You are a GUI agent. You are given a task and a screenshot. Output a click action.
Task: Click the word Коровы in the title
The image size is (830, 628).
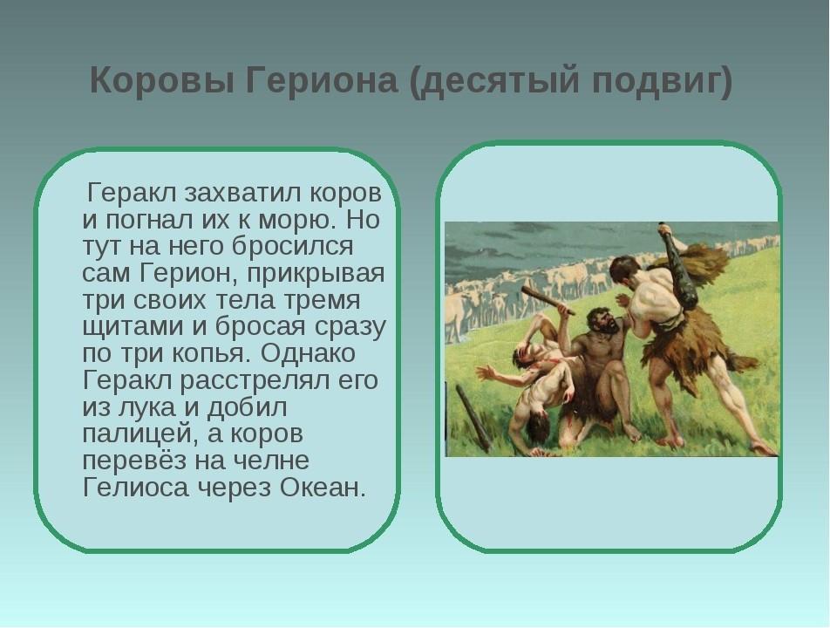coord(162,81)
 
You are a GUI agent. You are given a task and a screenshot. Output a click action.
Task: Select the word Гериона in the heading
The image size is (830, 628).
coord(322,81)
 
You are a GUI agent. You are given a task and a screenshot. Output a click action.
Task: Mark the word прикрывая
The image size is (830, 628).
coord(315,274)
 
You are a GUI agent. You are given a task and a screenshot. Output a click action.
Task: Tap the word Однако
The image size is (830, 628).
coord(308,352)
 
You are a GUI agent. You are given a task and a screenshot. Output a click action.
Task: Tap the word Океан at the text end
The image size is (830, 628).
coord(322,488)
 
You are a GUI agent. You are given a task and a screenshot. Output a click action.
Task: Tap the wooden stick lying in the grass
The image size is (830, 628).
coord(473,418)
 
